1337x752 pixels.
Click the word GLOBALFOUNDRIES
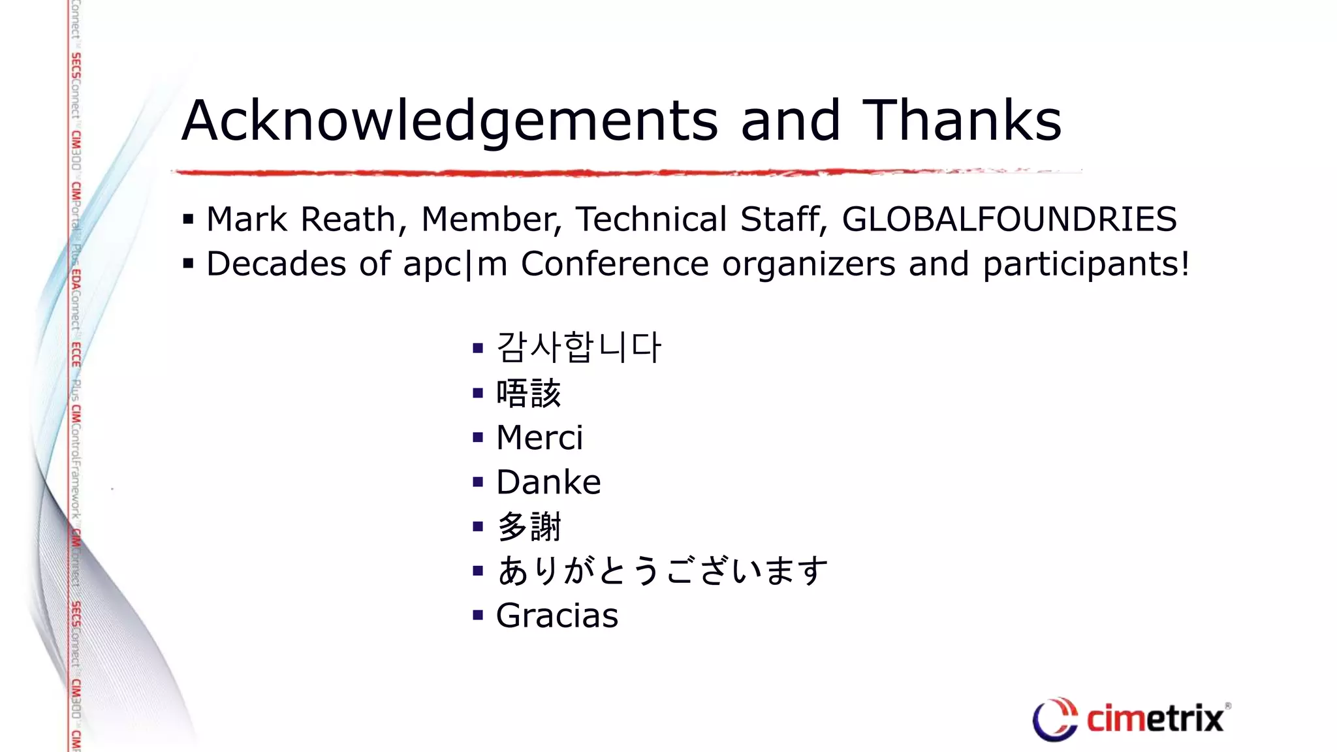[1009, 219]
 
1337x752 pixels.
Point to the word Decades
[276, 264]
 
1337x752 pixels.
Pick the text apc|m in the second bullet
[455, 264]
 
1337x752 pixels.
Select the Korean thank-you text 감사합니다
[578, 347]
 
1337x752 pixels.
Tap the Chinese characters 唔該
[528, 393]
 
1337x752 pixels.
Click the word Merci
[539, 437]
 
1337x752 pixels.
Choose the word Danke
[548, 482]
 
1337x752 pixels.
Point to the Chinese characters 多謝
[528, 527]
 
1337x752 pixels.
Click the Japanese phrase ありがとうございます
[662, 571]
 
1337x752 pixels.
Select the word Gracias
[557, 616]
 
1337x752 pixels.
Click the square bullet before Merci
[478, 437]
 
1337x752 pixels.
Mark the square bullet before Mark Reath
[189, 219]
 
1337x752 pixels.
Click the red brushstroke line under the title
[588, 172]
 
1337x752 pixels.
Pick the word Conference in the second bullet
[614, 264]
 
